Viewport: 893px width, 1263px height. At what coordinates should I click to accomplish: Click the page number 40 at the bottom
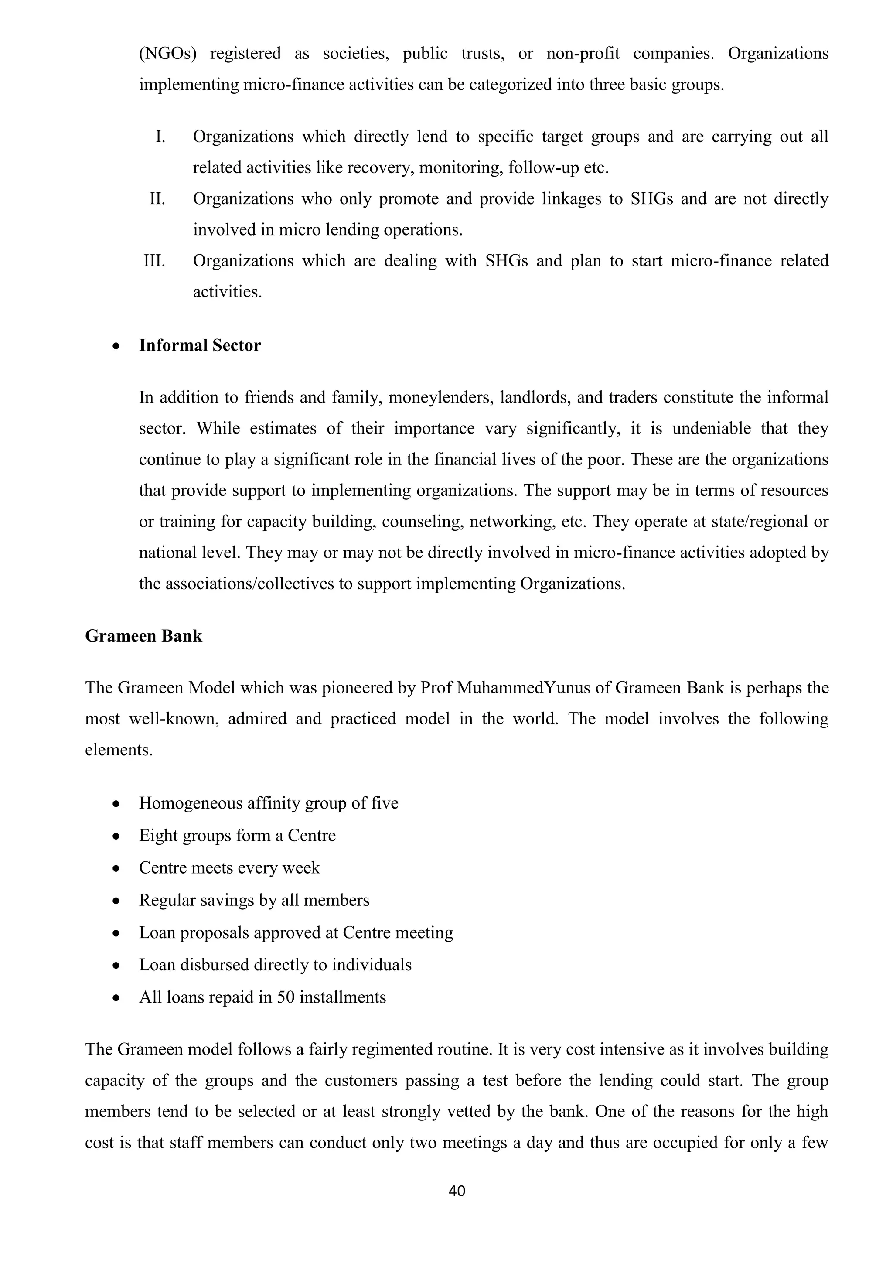click(x=457, y=1191)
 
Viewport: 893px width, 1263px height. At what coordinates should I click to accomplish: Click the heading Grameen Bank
click(x=143, y=636)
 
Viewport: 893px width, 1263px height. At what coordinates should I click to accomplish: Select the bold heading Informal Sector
click(x=200, y=345)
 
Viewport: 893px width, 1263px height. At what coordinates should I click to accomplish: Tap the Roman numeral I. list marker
click(x=160, y=137)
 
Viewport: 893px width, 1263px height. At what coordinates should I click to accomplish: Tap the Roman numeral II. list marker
click(x=157, y=198)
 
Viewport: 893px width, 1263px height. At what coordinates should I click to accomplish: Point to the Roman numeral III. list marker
click(x=154, y=261)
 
